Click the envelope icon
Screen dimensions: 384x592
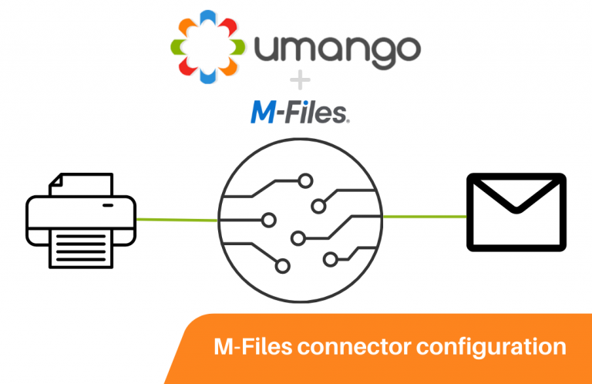point(516,212)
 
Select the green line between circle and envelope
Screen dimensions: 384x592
point(425,217)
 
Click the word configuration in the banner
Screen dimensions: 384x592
point(493,347)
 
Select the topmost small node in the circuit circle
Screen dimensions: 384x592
point(306,181)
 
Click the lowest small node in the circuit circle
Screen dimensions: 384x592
point(282,267)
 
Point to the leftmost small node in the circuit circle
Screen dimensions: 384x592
point(269,219)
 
